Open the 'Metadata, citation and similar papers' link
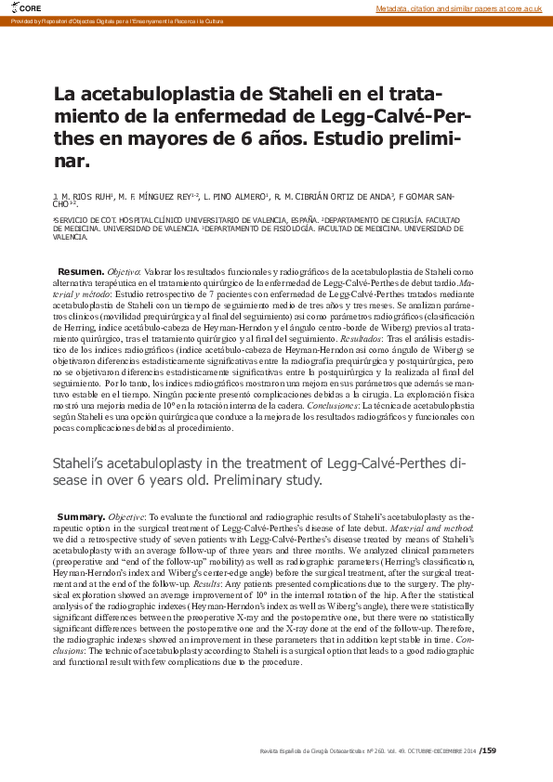click(x=458, y=7)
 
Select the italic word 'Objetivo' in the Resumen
click(x=125, y=270)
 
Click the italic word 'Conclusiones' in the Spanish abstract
click(x=333, y=406)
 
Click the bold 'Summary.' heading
click(x=81, y=515)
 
